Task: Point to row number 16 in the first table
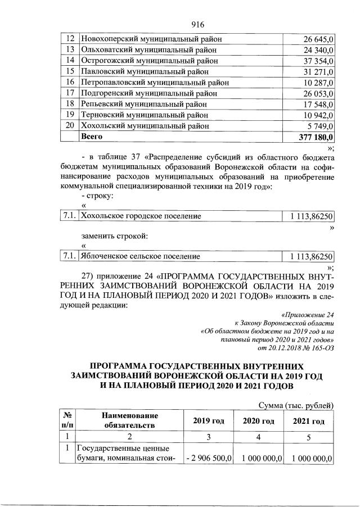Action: [x=70, y=82]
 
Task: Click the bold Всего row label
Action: [x=92, y=136]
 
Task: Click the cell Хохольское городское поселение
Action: [x=141, y=215]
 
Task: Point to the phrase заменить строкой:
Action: [x=115, y=235]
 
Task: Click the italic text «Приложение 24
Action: [x=307, y=315]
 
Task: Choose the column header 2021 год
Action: [x=309, y=421]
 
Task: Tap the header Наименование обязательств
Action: [x=129, y=420]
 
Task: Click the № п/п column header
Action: [x=66, y=420]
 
